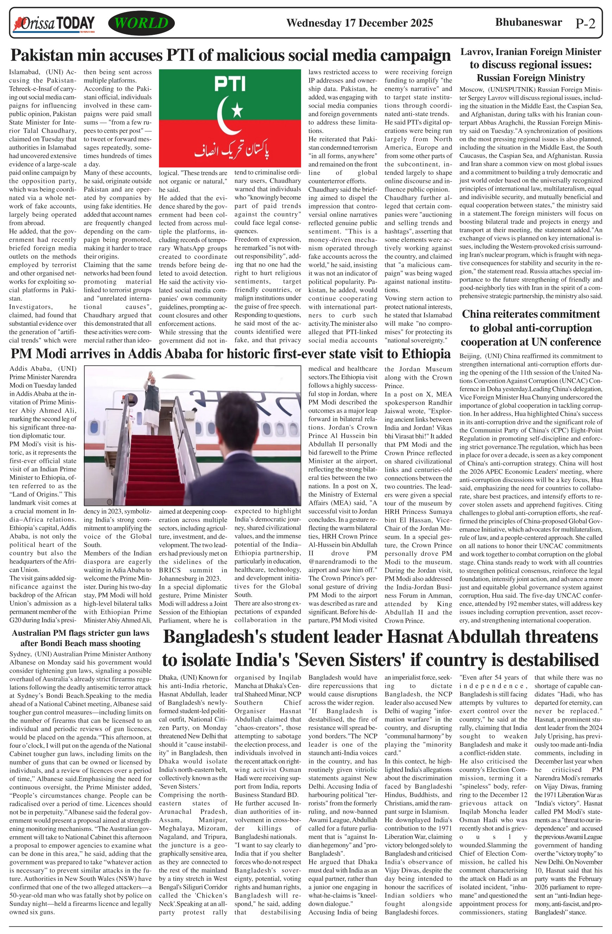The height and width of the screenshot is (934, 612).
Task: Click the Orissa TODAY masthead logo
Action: (54, 24)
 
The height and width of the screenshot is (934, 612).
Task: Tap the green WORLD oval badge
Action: (141, 23)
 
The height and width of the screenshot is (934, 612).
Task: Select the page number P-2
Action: (585, 24)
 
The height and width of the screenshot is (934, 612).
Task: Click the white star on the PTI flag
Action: (237, 112)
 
